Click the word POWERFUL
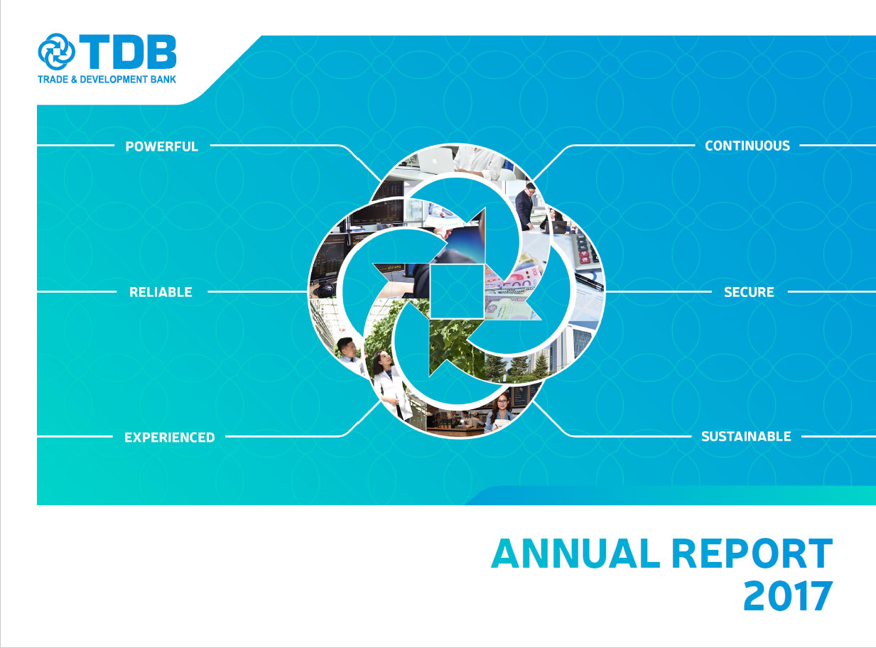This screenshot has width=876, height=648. tap(161, 146)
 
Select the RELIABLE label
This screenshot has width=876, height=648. tap(161, 292)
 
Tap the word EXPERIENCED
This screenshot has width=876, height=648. tap(170, 438)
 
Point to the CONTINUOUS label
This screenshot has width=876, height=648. tap(747, 146)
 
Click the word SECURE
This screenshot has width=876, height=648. tap(749, 292)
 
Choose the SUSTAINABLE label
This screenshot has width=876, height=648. tap(746, 436)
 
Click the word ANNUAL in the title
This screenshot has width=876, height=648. tap(575, 553)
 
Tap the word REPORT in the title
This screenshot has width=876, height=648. tap(752, 553)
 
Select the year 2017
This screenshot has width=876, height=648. tap(788, 596)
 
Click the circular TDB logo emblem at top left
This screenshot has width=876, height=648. tap(56, 52)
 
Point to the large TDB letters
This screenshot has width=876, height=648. tap(128, 52)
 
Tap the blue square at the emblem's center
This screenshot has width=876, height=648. tap(457, 291)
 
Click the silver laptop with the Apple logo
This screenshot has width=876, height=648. tap(436, 160)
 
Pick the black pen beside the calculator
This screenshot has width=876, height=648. tap(589, 281)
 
